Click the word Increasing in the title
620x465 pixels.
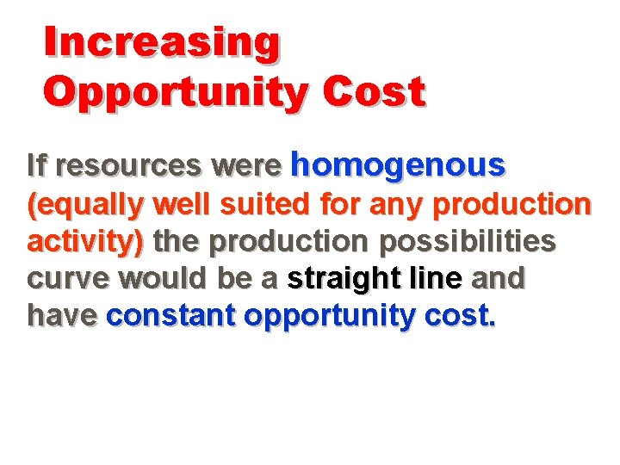(x=162, y=43)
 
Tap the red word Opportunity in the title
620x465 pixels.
(x=174, y=92)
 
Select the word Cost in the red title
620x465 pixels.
(x=375, y=92)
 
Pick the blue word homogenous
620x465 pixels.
(x=398, y=163)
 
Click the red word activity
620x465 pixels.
(x=83, y=243)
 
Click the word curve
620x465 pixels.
(x=68, y=279)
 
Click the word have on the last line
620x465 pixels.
(x=61, y=316)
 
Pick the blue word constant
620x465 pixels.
(x=170, y=316)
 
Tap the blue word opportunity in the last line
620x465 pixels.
(x=331, y=317)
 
